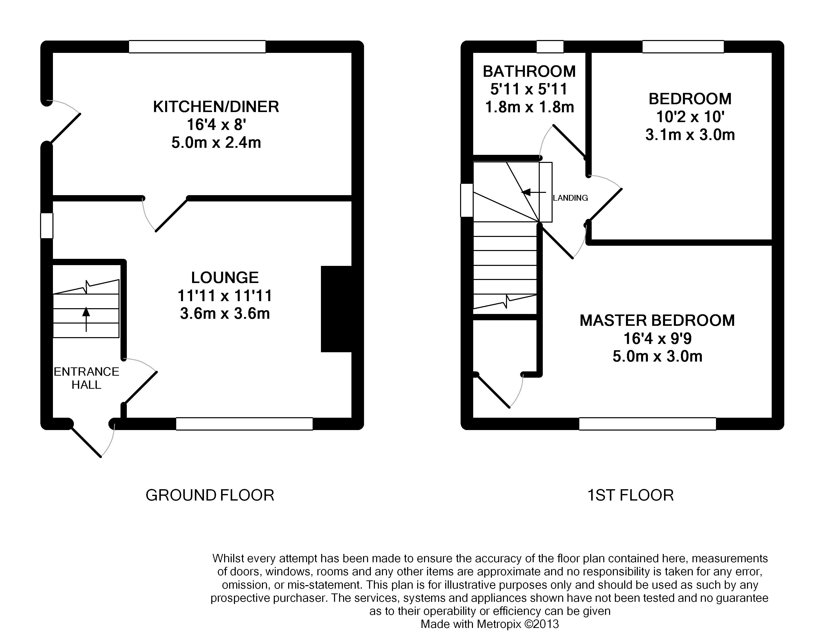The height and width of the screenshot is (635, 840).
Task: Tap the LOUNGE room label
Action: click(225, 278)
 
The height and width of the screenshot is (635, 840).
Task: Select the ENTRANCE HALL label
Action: click(86, 378)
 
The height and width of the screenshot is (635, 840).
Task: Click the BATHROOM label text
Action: click(529, 71)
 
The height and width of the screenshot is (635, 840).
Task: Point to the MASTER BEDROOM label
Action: click(657, 321)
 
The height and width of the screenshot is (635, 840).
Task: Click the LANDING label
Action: click(571, 198)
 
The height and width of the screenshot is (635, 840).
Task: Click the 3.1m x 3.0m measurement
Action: click(690, 135)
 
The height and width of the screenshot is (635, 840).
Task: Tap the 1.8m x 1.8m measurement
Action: click(529, 107)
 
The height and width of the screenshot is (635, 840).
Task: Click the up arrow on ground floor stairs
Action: click(86, 319)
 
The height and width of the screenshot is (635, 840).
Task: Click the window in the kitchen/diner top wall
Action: click(197, 47)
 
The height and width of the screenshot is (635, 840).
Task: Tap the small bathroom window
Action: click(550, 47)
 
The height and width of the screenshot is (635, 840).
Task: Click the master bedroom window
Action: click(647, 424)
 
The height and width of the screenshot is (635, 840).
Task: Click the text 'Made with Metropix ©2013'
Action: click(490, 624)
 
